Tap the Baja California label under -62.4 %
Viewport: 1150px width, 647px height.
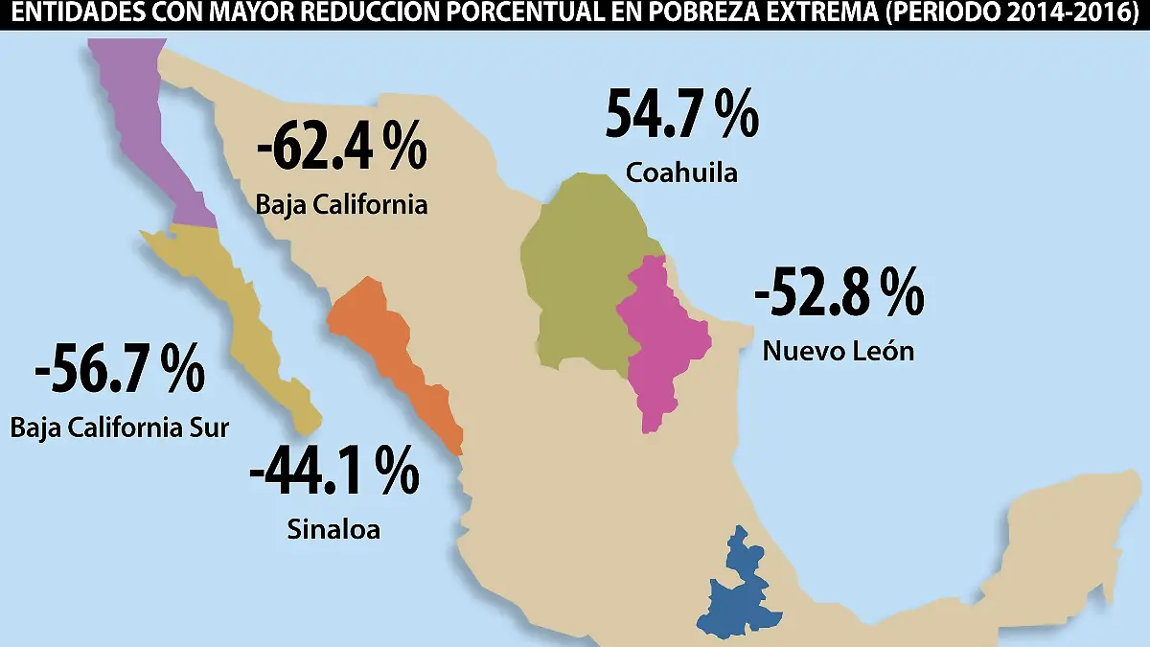pyautogui.click(x=341, y=204)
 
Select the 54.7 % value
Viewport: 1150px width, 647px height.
pyautogui.click(x=681, y=114)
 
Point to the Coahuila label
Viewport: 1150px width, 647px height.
pyautogui.click(x=681, y=173)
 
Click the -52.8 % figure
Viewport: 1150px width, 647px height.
pyautogui.click(x=839, y=293)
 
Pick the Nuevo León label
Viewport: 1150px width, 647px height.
pyautogui.click(x=839, y=351)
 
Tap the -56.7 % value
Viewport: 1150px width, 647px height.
pyautogui.click(x=119, y=369)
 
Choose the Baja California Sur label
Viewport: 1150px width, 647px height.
pyautogui.click(x=120, y=427)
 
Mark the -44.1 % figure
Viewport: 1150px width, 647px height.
pyautogui.click(x=333, y=471)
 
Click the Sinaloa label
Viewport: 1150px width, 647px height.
pyautogui.click(x=333, y=528)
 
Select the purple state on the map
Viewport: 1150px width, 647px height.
pyautogui.click(x=153, y=134)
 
